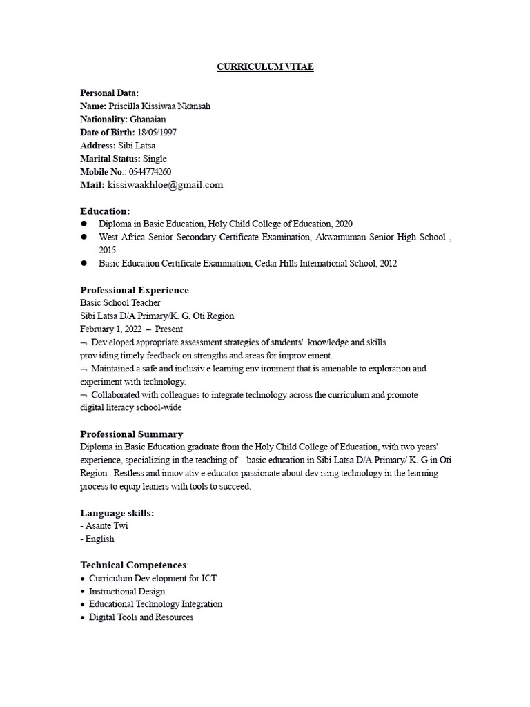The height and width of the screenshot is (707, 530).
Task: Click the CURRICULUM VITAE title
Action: point(265,67)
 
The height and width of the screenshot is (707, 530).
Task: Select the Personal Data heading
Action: point(109,93)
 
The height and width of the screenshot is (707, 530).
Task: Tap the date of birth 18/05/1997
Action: point(157,133)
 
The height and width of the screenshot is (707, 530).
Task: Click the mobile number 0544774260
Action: point(150,172)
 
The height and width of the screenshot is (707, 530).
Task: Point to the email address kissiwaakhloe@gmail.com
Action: point(165,185)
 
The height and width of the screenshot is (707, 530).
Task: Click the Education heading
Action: point(105,211)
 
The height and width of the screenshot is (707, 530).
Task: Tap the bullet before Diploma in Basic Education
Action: point(84,224)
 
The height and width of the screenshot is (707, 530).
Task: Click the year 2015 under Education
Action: point(108,250)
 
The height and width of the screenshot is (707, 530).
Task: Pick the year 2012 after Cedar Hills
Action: point(388,263)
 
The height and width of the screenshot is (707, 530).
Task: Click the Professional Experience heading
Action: point(134,290)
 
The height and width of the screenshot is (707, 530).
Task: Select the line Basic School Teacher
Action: point(120,303)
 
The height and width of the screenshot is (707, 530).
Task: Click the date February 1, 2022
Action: point(110,329)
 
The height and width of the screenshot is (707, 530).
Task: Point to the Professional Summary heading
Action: point(132,434)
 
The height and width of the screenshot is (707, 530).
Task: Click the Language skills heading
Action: point(117,513)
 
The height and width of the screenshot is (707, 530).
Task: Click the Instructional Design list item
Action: point(127,592)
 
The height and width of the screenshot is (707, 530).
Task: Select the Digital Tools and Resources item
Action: point(141,617)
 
